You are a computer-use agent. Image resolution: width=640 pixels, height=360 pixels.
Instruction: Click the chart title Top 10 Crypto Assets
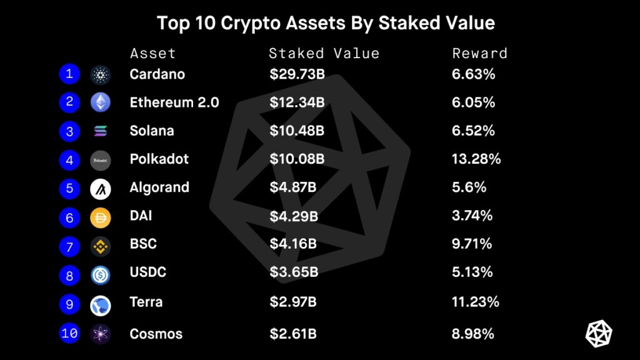click(326, 23)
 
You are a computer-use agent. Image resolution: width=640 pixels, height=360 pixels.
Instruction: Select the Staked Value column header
click(324, 53)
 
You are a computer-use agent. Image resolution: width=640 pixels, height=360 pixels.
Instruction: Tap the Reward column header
click(479, 53)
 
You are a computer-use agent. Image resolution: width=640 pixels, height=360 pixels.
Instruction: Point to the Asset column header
click(152, 53)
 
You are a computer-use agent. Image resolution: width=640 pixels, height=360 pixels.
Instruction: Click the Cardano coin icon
click(100, 74)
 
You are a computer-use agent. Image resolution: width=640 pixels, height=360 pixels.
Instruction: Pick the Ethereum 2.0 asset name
click(174, 102)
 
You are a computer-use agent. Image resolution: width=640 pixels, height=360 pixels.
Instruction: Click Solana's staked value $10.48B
click(297, 131)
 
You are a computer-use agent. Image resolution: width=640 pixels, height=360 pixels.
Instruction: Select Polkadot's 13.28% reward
click(476, 159)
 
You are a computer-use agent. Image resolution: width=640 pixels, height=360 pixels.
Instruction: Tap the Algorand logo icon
click(100, 188)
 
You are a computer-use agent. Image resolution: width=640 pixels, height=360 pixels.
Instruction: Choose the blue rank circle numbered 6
click(69, 217)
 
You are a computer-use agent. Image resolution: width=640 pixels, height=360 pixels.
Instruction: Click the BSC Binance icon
click(100, 246)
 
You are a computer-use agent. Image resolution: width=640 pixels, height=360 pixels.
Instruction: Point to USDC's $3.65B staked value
click(294, 272)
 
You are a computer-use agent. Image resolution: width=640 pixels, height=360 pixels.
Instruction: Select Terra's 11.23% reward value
click(475, 302)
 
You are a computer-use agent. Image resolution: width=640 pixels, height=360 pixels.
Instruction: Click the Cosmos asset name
click(156, 334)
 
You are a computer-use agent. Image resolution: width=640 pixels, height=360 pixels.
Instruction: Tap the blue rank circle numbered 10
click(69, 333)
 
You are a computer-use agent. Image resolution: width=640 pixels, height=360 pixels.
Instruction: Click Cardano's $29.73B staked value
click(297, 74)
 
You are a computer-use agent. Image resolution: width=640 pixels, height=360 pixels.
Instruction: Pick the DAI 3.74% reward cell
click(472, 216)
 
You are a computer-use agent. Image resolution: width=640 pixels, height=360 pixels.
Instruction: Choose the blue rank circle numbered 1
click(69, 74)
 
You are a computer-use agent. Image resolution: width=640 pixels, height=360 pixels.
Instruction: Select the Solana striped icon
click(100, 131)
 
